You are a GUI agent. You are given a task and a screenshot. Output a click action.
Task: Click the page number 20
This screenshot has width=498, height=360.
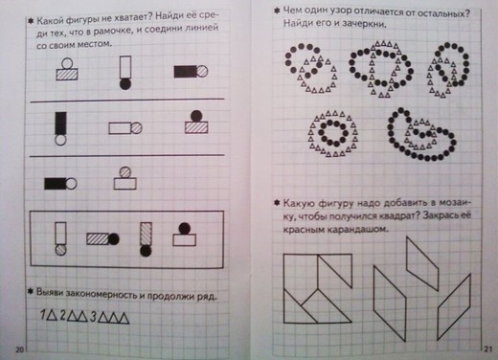[19, 349]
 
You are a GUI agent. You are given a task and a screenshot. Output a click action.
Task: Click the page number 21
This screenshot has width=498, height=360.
[488, 349]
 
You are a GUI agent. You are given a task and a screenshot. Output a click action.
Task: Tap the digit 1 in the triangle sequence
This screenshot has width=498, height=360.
[43, 315]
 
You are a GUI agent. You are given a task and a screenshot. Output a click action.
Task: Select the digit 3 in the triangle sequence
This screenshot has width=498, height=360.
[93, 317]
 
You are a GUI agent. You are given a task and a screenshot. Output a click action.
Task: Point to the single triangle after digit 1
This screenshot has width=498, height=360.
[52, 315]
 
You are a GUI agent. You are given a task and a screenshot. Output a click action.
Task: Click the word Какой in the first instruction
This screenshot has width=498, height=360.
[51, 21]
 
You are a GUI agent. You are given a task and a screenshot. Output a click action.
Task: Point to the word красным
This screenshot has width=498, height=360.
[303, 230]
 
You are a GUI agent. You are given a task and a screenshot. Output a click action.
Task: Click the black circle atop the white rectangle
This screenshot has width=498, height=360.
[185, 229]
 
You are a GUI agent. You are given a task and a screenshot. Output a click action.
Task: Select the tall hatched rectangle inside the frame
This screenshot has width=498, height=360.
[146, 234]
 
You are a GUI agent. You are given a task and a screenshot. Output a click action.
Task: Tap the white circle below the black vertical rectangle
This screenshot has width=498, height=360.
[60, 140]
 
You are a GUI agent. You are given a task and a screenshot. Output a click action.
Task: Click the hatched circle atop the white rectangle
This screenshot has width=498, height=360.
[124, 172]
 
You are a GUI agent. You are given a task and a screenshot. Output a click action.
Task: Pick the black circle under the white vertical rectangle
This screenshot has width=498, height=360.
[125, 84]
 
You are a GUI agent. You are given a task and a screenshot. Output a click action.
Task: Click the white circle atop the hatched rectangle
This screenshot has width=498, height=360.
[67, 63]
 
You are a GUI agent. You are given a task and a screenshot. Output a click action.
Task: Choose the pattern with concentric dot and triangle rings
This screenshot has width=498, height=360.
[332, 133]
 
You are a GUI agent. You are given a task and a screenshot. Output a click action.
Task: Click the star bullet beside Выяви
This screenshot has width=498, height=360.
[31, 291]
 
